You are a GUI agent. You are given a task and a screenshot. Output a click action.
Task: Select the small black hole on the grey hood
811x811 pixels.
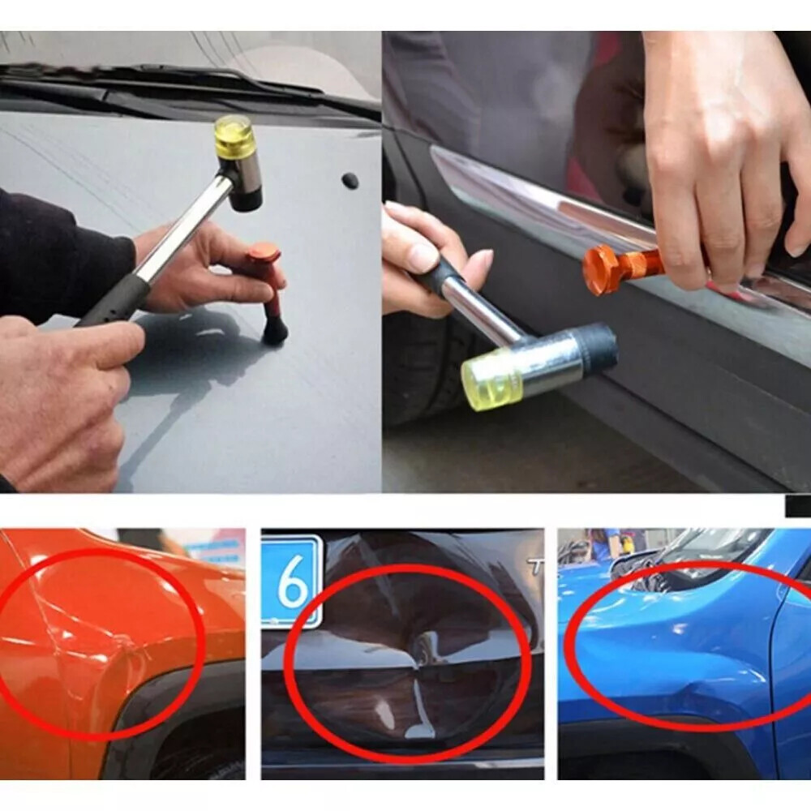coord(350,180)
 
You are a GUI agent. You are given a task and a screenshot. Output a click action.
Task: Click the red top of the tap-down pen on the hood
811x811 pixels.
coord(264,254)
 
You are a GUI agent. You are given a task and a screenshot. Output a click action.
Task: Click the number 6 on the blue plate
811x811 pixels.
coord(291,582)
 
